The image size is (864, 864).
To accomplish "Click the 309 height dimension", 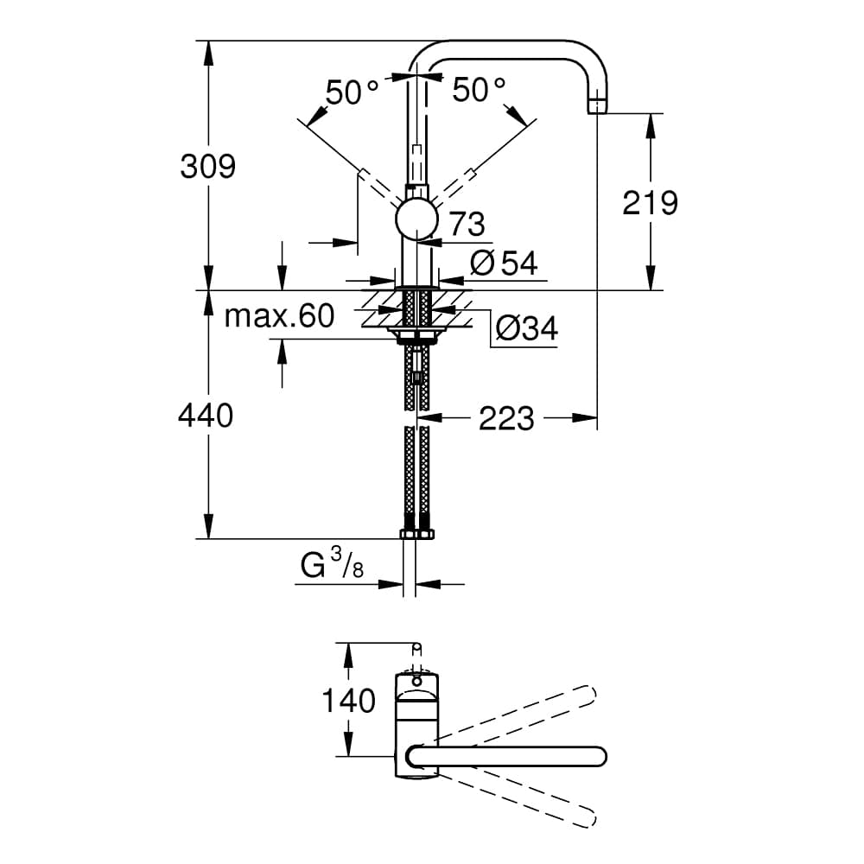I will tap(207, 165).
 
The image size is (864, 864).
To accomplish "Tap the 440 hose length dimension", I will tap(206, 416).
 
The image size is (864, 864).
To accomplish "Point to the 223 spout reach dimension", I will tap(506, 419).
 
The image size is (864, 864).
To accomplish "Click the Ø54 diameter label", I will tap(504, 263).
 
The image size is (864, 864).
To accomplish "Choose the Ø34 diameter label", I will tap(526, 328).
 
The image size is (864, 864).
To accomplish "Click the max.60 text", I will tap(279, 316).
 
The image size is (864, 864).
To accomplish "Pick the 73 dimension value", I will tap(467, 225).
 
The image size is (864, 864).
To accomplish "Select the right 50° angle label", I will tap(479, 90).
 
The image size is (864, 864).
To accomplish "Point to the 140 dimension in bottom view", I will tap(349, 701).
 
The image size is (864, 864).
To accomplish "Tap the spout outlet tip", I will tap(598, 106).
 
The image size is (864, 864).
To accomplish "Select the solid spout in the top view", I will tap(510, 756).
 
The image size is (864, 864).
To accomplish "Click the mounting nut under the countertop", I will tap(416, 334).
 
